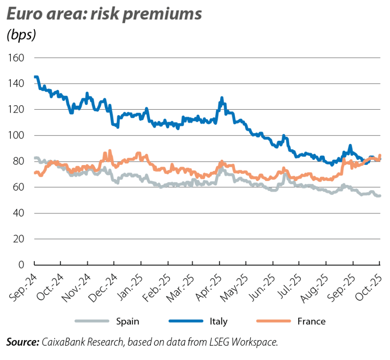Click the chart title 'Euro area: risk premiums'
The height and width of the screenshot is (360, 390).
[104, 14]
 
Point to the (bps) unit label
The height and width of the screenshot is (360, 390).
[21, 35]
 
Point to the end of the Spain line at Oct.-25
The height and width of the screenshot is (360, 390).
[380, 196]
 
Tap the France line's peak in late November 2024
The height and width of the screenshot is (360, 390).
[110, 151]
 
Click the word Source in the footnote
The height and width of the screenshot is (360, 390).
[22, 342]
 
